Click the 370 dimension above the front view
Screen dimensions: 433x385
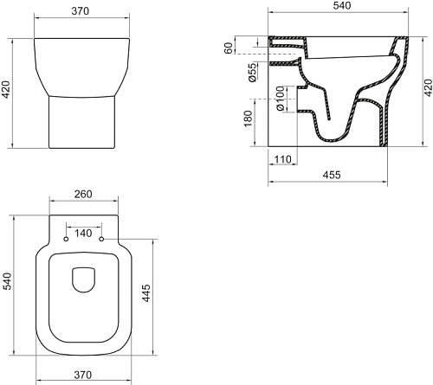click(81, 11)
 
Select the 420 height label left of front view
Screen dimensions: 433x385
click(6, 90)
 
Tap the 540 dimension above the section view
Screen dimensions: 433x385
click(342, 5)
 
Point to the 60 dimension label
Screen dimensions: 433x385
click(228, 48)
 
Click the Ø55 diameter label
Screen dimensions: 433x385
click(252, 73)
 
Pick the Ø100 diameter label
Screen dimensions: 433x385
click(281, 99)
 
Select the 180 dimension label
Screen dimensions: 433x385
click(248, 119)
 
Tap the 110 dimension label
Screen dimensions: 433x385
click(282, 159)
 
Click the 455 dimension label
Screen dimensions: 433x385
click(332, 175)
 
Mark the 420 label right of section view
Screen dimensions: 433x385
click(428, 88)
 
